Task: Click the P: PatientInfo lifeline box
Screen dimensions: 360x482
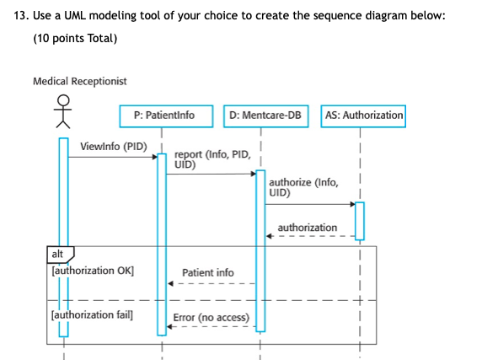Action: pyautogui.click(x=163, y=115)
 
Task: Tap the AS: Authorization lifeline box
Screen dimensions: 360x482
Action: pyautogui.click(x=363, y=115)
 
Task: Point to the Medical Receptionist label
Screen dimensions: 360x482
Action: pyautogui.click(x=80, y=81)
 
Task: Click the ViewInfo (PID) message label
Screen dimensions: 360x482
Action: pyautogui.click(x=113, y=146)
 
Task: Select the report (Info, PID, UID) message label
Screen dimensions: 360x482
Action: pyautogui.click(x=212, y=159)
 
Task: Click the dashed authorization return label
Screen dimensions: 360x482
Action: pyautogui.click(x=307, y=227)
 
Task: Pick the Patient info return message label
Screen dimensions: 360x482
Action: pyautogui.click(x=208, y=272)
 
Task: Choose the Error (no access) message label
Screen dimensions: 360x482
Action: pyautogui.click(x=211, y=317)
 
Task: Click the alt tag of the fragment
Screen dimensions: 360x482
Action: pyautogui.click(x=58, y=253)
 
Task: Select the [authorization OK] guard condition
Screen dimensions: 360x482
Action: pyautogui.click(x=92, y=271)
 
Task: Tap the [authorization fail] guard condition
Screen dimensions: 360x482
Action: pyautogui.click(x=92, y=314)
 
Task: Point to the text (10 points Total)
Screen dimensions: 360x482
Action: pyautogui.click(x=75, y=39)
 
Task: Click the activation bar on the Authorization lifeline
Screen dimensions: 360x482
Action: pyautogui.click(x=360, y=220)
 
